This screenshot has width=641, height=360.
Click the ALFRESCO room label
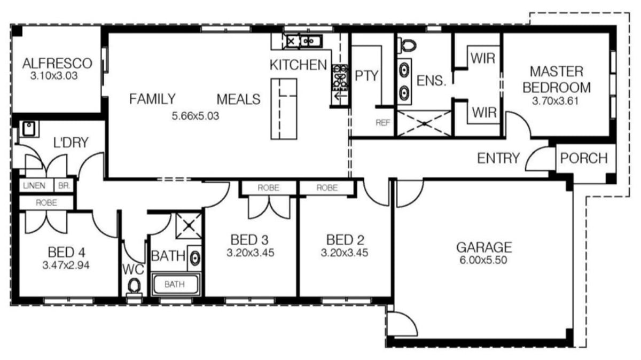pyautogui.click(x=57, y=64)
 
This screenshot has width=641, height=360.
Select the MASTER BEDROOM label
pyautogui.click(x=556, y=79)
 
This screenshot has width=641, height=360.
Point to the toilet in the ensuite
pyautogui.click(x=408, y=44)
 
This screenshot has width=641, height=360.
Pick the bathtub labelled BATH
pyautogui.click(x=175, y=284)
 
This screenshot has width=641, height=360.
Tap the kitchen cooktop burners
pyautogui.click(x=339, y=83)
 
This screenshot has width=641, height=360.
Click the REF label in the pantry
pyautogui.click(x=382, y=122)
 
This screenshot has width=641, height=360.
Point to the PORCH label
pyautogui.click(x=584, y=159)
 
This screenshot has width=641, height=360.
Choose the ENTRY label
pyautogui.click(x=498, y=158)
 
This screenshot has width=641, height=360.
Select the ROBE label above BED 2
pyautogui.click(x=326, y=188)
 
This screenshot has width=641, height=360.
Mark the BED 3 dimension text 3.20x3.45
pyautogui.click(x=250, y=253)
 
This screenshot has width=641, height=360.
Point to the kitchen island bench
pyautogui.click(x=284, y=108)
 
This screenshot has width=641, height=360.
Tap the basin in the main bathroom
pyautogui.click(x=195, y=259)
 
